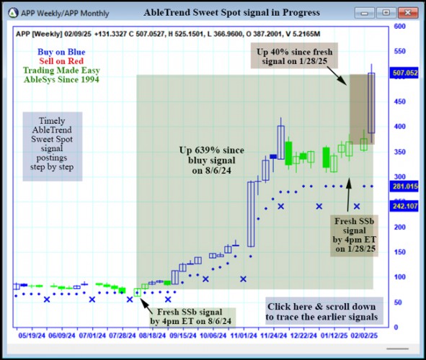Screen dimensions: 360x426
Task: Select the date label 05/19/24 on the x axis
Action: point(32,335)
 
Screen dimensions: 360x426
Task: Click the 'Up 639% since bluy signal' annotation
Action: point(212,160)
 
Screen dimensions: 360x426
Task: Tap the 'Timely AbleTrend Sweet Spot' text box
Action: point(53,146)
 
